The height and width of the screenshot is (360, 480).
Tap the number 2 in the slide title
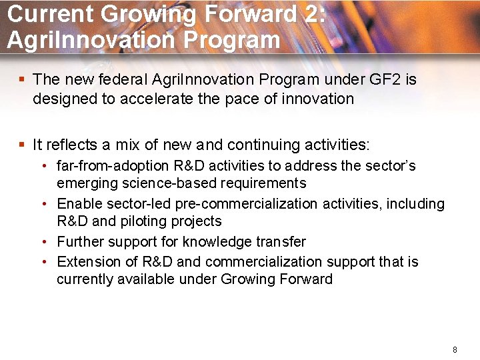point(311,15)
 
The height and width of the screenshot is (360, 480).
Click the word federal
point(123,80)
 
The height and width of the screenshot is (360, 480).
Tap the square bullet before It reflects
point(22,145)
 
